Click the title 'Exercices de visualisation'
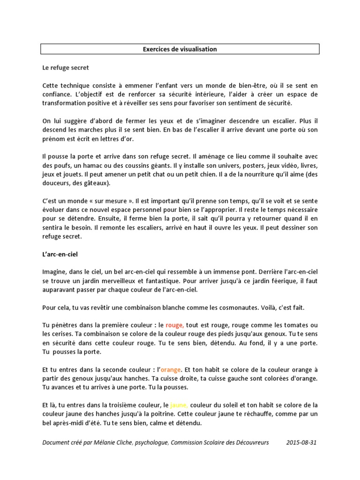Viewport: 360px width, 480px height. pyautogui.click(x=180, y=49)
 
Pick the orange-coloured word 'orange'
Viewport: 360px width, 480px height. pyautogui.click(x=170, y=369)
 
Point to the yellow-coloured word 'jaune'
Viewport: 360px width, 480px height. pyautogui.click(x=179, y=405)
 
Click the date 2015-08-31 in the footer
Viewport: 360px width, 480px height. pyautogui.click(x=301, y=442)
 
